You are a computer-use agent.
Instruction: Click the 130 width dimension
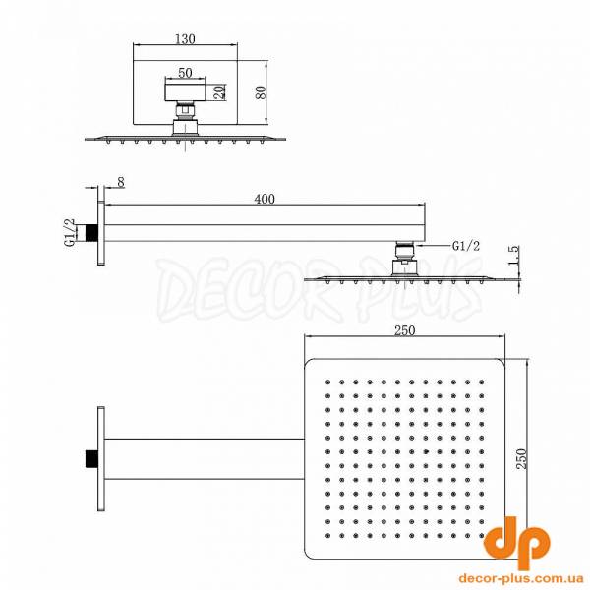[185, 38]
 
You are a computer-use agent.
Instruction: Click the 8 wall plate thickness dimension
[120, 183]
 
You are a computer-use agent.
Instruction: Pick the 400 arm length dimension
[264, 200]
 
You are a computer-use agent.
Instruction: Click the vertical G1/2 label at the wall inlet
[69, 234]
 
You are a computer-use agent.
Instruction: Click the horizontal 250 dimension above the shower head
[404, 330]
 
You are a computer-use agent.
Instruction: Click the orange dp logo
[519, 539]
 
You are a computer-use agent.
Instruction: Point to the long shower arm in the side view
[264, 233]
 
